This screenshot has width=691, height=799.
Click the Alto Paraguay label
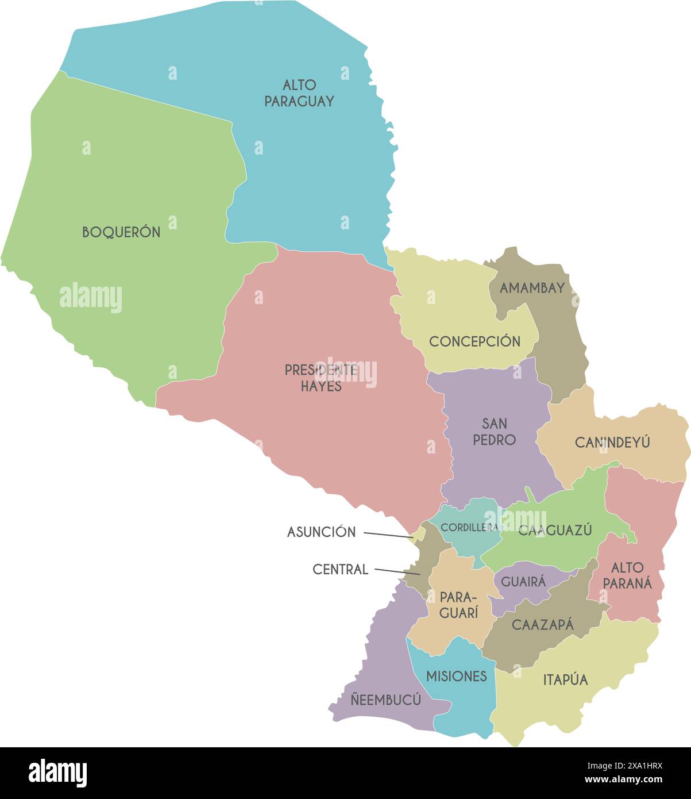pyautogui.click(x=299, y=93)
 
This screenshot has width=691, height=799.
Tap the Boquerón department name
pyautogui.click(x=121, y=232)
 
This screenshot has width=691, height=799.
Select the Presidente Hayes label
pyautogui.click(x=321, y=378)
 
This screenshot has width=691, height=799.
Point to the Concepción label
pyautogui.click(x=474, y=341)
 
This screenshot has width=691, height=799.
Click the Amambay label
pyautogui.click(x=532, y=288)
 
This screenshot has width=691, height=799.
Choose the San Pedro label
pyautogui.click(x=494, y=432)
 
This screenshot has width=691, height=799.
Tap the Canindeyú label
pyautogui.click(x=612, y=442)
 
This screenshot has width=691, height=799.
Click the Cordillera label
pyautogui.click(x=469, y=527)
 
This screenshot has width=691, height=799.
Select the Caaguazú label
pyautogui.click(x=555, y=530)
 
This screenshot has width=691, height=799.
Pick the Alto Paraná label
pyautogui.click(x=631, y=575)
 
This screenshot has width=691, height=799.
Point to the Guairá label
pyautogui.click(x=523, y=581)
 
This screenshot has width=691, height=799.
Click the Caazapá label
pyautogui.click(x=542, y=625)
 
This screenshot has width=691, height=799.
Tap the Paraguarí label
pyautogui.click(x=459, y=605)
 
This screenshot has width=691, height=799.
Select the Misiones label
pyautogui.click(x=457, y=677)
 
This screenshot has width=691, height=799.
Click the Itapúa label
pyautogui.click(x=566, y=680)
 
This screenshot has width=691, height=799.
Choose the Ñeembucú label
pyautogui.click(x=385, y=700)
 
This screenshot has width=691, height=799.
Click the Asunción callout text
pyautogui.click(x=321, y=532)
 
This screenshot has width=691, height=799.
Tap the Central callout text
pyautogui.click(x=340, y=570)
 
